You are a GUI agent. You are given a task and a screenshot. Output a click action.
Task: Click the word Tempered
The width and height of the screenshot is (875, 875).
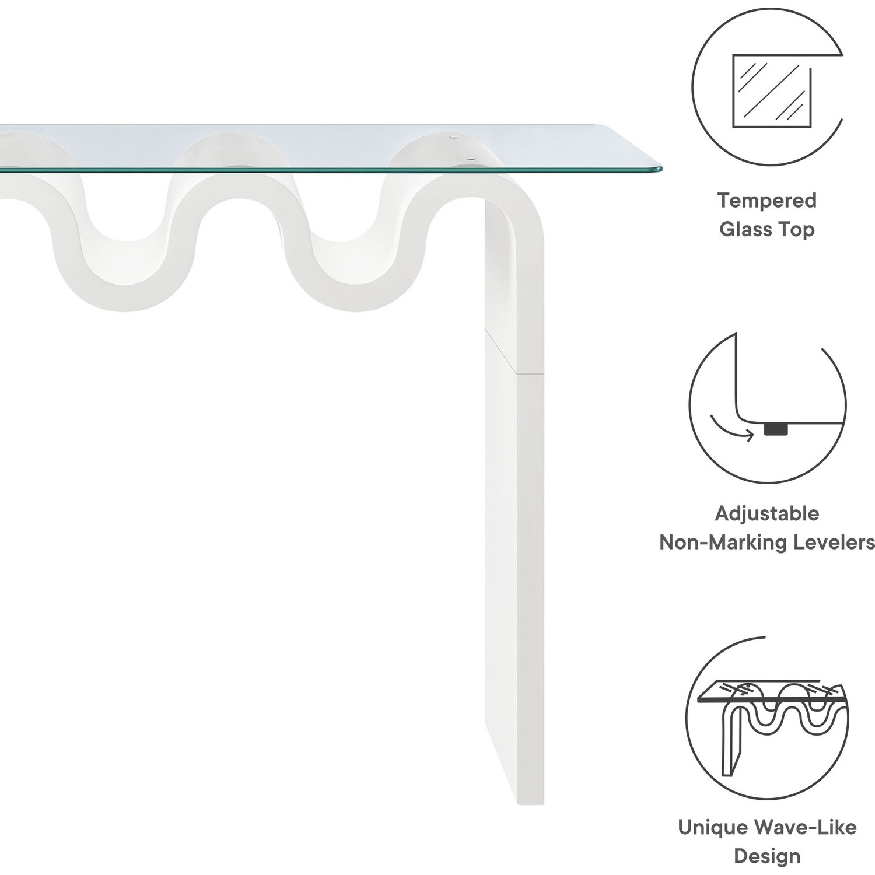766,201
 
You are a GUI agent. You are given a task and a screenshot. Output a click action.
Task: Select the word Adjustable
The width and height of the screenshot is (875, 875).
766,514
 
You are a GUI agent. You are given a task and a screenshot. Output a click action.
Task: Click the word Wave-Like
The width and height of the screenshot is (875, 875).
805,827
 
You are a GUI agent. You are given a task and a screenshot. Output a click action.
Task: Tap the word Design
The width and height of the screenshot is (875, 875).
766,856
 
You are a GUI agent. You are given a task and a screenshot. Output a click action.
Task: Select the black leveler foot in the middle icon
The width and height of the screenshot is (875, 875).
775,429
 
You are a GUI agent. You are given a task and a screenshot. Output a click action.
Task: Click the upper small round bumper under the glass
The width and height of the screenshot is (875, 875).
454,138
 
